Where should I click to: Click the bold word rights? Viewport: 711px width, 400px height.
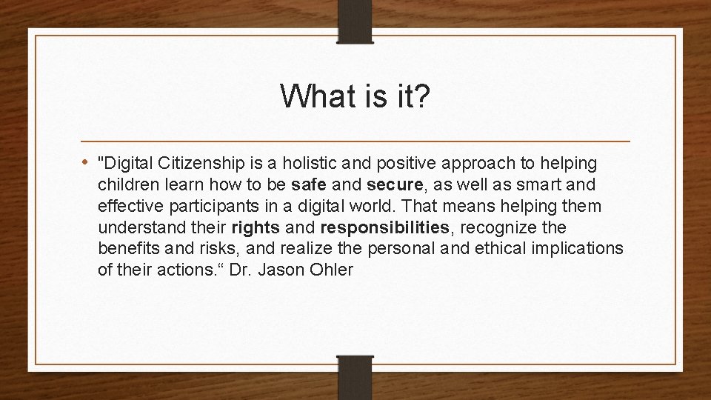pos(256,226)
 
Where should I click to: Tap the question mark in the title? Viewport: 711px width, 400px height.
pos(420,96)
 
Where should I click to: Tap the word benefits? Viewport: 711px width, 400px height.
pos(124,248)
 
